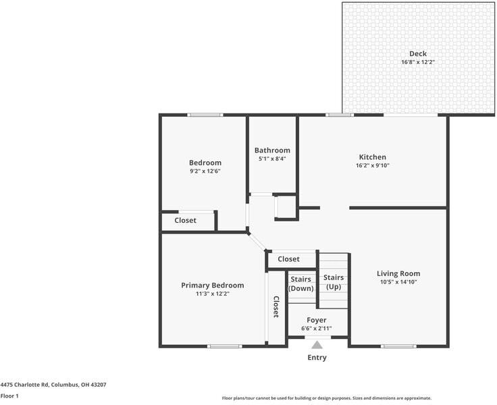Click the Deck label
(x=418, y=54)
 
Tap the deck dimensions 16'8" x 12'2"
(x=418, y=62)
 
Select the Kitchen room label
(x=372, y=157)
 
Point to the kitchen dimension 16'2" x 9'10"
(x=372, y=165)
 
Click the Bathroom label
(x=272, y=151)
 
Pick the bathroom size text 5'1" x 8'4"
(x=272, y=159)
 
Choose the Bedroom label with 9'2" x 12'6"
(x=205, y=163)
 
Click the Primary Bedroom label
(x=213, y=286)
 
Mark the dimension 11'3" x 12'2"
(x=213, y=294)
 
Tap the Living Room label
(x=398, y=273)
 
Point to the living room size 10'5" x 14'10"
(x=398, y=281)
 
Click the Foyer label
(x=316, y=320)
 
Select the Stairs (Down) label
(x=300, y=283)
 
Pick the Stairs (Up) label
(x=333, y=281)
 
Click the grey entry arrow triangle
(x=317, y=344)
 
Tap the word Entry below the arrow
(x=317, y=358)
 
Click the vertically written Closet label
(x=276, y=307)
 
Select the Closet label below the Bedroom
(x=185, y=221)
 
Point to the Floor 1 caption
(x=9, y=396)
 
